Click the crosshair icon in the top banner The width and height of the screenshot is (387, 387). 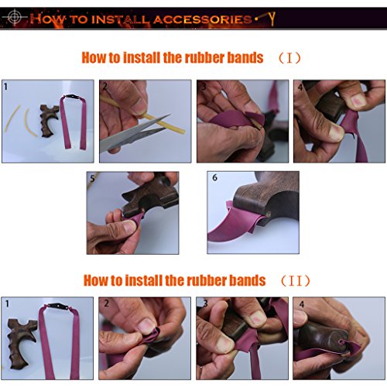point(15,18)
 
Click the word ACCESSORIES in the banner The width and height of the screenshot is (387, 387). point(203,19)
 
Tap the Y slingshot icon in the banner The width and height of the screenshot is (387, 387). point(272,19)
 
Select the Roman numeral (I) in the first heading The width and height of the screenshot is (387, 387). point(289,58)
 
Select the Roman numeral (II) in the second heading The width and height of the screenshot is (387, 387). point(296,281)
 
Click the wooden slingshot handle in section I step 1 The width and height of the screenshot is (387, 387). point(49,119)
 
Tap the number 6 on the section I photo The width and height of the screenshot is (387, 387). point(214,177)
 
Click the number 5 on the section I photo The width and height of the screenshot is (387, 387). point(92,178)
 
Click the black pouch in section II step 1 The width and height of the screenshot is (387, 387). point(58,307)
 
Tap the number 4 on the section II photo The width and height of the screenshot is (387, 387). point(302,304)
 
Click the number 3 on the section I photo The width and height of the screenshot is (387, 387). point(204,87)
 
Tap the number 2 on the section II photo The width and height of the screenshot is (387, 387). point(106,303)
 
